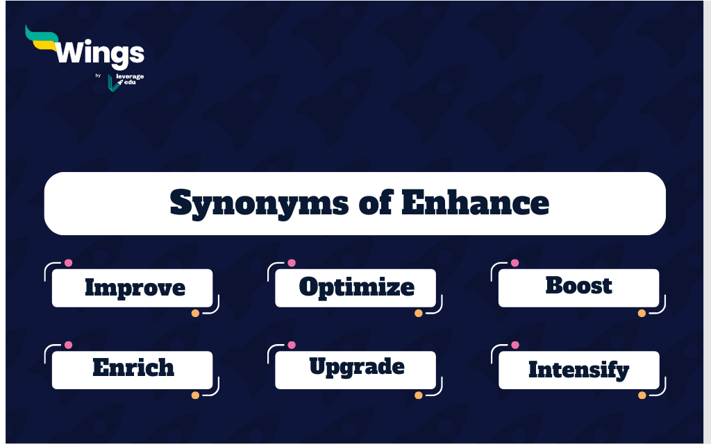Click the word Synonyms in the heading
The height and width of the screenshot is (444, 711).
[x=259, y=203]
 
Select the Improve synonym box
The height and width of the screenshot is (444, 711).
[x=133, y=288]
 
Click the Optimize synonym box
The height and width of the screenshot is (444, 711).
[x=355, y=288]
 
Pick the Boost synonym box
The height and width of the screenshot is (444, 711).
[x=578, y=288]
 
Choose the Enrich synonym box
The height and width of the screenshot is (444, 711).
[x=133, y=370]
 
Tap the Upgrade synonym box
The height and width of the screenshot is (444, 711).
[x=355, y=370]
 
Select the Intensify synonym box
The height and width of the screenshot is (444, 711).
[x=578, y=370]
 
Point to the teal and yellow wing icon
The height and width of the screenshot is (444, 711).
[x=42, y=38]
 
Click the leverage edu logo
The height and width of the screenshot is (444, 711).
[x=126, y=82]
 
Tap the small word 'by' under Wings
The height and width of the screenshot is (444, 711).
[x=98, y=76]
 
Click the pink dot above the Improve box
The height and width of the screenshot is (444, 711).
[x=69, y=263]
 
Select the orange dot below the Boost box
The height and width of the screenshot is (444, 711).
[x=642, y=313]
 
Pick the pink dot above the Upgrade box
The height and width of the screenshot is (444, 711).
[x=292, y=345]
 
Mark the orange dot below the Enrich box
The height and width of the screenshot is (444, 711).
[x=195, y=395]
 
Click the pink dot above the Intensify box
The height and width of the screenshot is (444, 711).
[x=515, y=345]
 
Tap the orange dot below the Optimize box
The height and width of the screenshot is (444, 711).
[x=419, y=313]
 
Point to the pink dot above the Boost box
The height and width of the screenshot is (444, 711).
[x=515, y=263]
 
